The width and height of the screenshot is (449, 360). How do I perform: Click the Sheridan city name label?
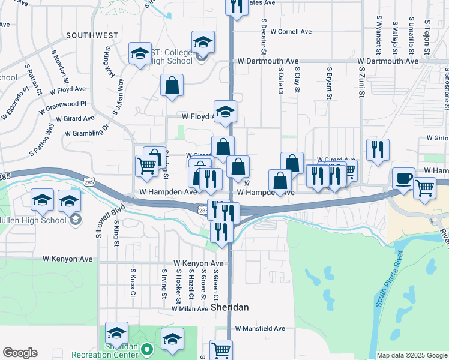pyautogui.click(x=230, y=307)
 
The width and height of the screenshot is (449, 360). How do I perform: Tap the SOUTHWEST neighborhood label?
pyautogui.click(x=92, y=35)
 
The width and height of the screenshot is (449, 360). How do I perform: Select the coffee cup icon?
pyautogui.click(x=403, y=178)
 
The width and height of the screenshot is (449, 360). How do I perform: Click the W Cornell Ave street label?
pyautogui.click(x=291, y=31)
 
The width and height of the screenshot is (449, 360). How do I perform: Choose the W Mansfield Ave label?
pyautogui.click(x=260, y=329)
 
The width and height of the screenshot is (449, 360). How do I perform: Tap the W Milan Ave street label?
pyautogui.click(x=190, y=308)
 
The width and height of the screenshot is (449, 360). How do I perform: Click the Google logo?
pyautogui.click(x=20, y=353)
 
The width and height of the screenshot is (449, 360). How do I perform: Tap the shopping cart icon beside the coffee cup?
pyautogui.click(x=425, y=188)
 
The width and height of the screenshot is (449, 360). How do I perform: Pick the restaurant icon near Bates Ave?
pyautogui.click(x=237, y=6)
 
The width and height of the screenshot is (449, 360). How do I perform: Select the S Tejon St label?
pyautogui.click(x=427, y=33)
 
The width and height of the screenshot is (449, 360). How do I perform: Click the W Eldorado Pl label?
pyautogui.click(x=16, y=99)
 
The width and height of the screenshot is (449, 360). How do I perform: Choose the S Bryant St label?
pyautogui.click(x=329, y=83)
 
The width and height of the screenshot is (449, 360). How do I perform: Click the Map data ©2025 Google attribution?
pyautogui.click(x=412, y=355)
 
